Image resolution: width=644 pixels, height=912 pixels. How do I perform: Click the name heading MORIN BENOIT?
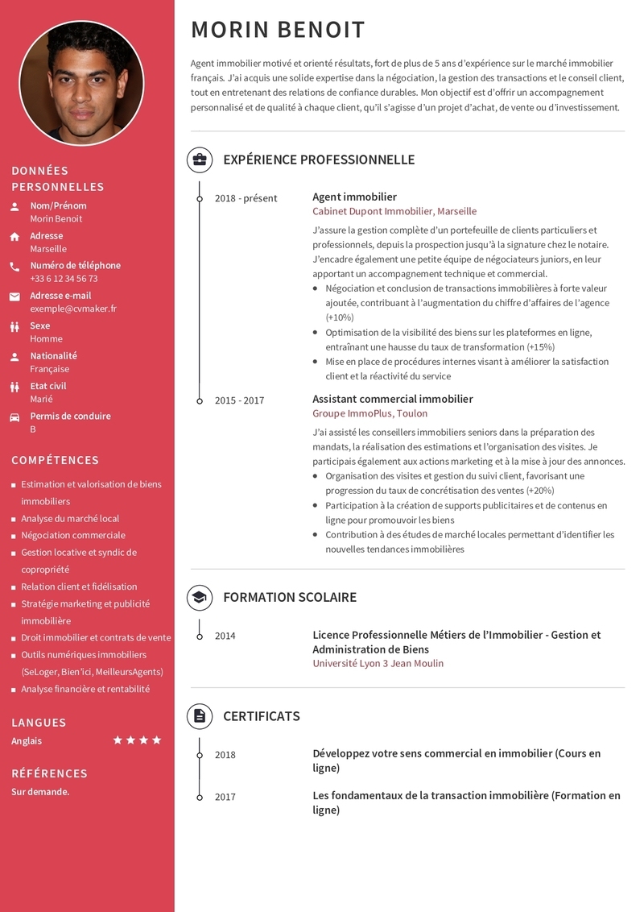(x=278, y=31)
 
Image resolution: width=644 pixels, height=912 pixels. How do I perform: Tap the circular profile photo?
(x=81, y=83)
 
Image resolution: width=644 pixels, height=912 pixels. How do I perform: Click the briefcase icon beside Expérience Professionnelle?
(x=200, y=160)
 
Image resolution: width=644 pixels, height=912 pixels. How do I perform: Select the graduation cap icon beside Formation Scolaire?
(x=200, y=597)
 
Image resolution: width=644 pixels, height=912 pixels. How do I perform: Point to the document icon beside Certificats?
(x=200, y=716)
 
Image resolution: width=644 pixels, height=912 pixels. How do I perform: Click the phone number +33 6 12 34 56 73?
(x=64, y=279)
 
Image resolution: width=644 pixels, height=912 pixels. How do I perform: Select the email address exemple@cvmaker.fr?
(x=73, y=309)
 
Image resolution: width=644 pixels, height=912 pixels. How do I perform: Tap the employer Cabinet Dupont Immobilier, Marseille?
(x=394, y=211)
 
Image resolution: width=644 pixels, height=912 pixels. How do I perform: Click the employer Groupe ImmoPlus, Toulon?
(x=369, y=413)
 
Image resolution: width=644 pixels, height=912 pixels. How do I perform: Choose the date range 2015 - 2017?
(x=239, y=400)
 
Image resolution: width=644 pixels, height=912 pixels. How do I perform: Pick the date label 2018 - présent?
(x=246, y=198)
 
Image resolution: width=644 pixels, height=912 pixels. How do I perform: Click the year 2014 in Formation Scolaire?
(x=225, y=636)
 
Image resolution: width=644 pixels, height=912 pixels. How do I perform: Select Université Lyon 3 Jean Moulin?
(x=378, y=663)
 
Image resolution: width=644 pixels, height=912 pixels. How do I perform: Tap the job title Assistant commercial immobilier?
(x=392, y=399)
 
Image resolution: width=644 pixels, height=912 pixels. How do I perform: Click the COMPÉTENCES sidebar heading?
(x=55, y=460)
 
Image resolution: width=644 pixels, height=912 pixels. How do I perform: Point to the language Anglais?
(x=27, y=741)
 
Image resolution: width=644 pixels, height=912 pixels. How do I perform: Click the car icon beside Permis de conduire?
(x=14, y=417)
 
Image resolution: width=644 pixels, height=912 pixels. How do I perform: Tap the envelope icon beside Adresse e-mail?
(x=14, y=296)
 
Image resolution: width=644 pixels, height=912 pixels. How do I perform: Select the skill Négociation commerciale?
(x=73, y=535)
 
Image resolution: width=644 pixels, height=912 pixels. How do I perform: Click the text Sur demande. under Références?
(x=40, y=792)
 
